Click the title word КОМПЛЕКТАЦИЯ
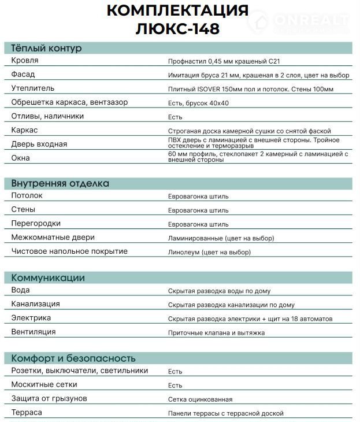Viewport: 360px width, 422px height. [178, 10]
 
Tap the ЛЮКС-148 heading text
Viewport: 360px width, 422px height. [178, 28]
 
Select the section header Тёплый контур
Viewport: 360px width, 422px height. [47, 48]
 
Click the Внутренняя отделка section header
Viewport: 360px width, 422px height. [60, 183]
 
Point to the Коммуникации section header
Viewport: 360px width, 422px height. [48, 277]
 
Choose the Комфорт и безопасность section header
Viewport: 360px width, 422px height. [73, 358]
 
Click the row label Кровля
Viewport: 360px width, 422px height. [25, 60]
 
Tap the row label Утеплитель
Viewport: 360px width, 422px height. [33, 88]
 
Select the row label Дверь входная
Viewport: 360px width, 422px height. [39, 144]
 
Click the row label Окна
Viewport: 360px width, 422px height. [21, 157]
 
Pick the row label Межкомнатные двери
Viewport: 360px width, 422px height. [53, 238]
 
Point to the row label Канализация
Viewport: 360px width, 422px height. [36, 304]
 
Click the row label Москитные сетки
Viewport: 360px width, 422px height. [44, 384]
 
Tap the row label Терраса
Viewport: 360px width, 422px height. [27, 413]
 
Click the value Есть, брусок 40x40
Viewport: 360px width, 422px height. [198, 103]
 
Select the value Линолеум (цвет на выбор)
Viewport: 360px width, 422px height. [210, 253]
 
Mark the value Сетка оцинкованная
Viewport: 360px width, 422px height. [200, 399]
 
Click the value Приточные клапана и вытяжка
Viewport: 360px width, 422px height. [216, 333]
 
